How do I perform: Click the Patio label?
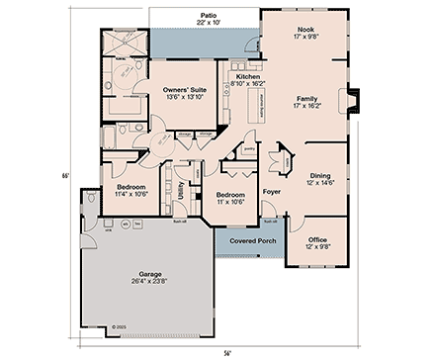pyautogui.click(x=208, y=15)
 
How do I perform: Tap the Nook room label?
pyautogui.click(x=305, y=30)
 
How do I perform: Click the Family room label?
pyautogui.click(x=305, y=100)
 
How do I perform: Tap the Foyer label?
pyautogui.click(x=271, y=190)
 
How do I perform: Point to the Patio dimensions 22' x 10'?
pyautogui.click(x=208, y=23)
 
